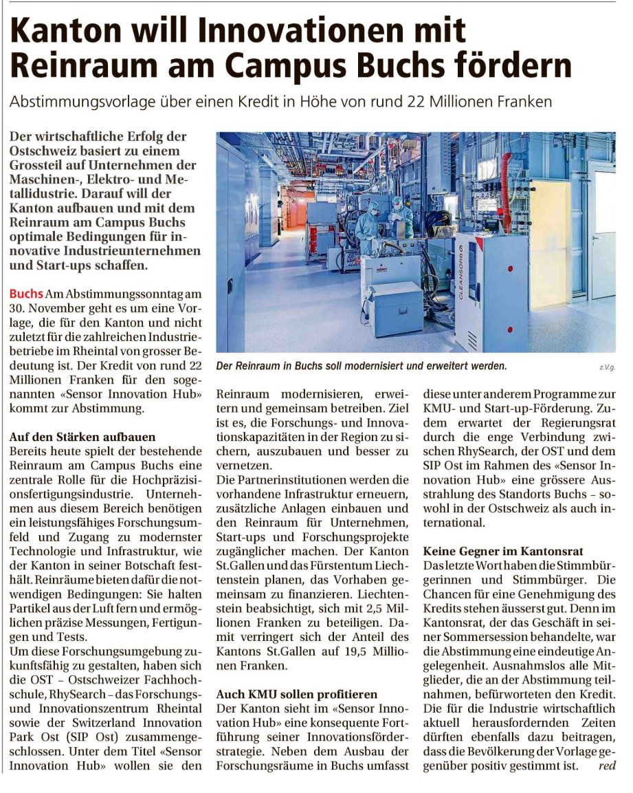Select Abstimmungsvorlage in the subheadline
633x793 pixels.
click(x=76, y=102)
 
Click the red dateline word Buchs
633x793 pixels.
click(x=25, y=292)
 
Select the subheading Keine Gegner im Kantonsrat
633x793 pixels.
click(x=503, y=551)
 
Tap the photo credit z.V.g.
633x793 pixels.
click(x=607, y=368)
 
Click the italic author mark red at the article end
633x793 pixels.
click(x=607, y=765)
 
